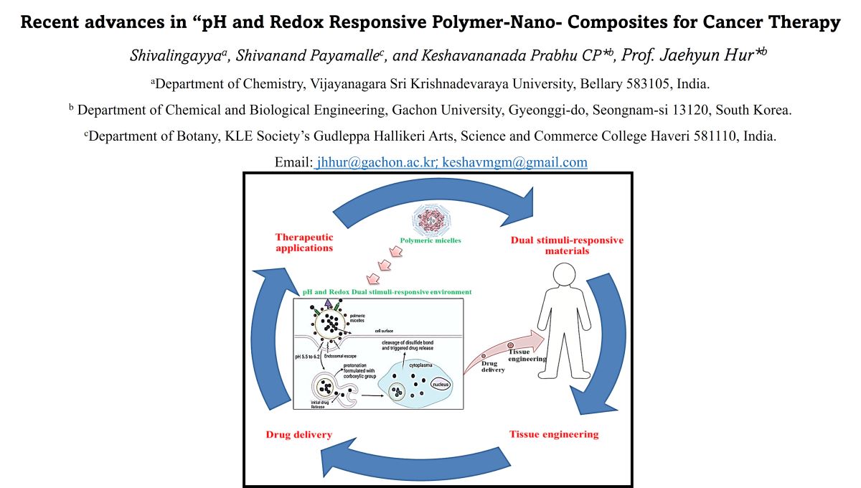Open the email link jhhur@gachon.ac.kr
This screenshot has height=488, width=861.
pyautogui.click(x=377, y=162)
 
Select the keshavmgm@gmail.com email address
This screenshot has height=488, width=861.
pyautogui.click(x=515, y=162)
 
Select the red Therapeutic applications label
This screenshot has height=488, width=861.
pyautogui.click(x=304, y=242)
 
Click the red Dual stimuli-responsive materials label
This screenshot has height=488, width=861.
pyautogui.click(x=567, y=245)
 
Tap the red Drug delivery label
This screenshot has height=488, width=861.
pyautogui.click(x=298, y=434)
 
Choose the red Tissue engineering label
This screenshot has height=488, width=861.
pyautogui.click(x=553, y=434)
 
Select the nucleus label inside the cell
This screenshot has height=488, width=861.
pyautogui.click(x=441, y=385)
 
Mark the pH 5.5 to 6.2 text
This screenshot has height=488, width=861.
pyautogui.click(x=311, y=356)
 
